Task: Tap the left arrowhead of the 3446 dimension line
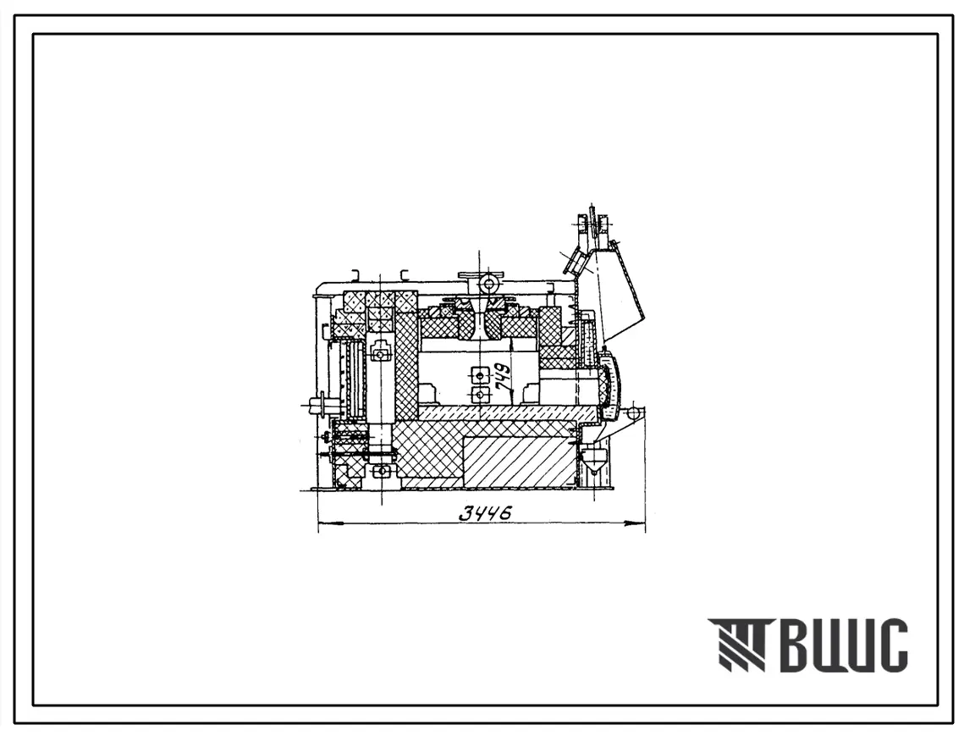pyautogui.click(x=326, y=524)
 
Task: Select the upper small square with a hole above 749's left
pyautogui.click(x=477, y=374)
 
